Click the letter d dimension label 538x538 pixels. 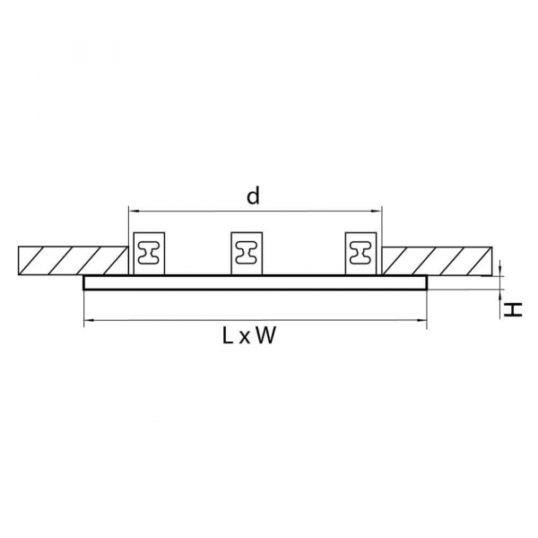click(x=254, y=196)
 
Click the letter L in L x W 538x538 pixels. click(x=228, y=336)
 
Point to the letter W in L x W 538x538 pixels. click(x=265, y=336)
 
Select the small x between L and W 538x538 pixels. click(x=245, y=338)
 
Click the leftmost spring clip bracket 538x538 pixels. click(x=149, y=253)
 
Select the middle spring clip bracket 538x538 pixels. click(x=247, y=253)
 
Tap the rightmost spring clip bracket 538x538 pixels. click(x=361, y=253)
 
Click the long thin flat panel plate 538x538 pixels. click(x=255, y=282)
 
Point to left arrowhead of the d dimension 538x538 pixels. click(x=133, y=211)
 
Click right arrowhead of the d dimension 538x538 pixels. click(x=378, y=211)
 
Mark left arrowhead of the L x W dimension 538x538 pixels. click(x=87, y=318)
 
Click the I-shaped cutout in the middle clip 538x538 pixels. click(x=247, y=254)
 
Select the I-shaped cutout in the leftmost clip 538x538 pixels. click(x=149, y=254)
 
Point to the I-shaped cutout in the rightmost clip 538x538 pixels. click(x=361, y=254)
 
